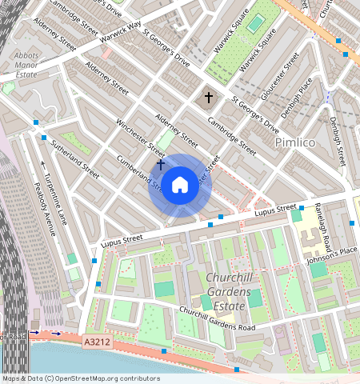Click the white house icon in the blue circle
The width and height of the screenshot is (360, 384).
click(180, 186)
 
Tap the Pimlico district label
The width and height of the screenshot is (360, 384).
click(295, 142)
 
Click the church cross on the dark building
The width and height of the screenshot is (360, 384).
click(209, 98)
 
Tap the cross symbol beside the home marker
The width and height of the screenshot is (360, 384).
click(161, 164)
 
